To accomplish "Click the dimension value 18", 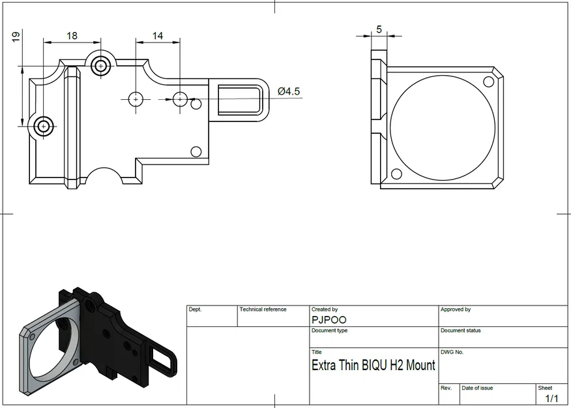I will [x=72, y=35].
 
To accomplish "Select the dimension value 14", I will [x=158, y=35].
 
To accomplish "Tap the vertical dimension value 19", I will [x=16, y=37].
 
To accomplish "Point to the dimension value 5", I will [x=379, y=29].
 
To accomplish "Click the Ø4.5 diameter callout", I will [x=289, y=91].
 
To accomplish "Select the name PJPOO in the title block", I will [x=329, y=320].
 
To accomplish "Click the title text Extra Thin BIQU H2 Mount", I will [x=373, y=365].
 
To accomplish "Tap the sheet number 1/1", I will [x=551, y=398].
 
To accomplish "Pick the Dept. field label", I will [x=195, y=309].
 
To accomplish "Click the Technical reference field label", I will [x=263, y=309].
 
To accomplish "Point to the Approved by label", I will [x=456, y=309].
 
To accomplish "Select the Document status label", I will [x=460, y=330].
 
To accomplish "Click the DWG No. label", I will [x=452, y=352].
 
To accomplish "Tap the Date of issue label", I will [x=477, y=388].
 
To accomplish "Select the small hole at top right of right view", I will [x=489, y=82].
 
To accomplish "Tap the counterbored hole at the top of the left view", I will [x=100, y=65].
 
